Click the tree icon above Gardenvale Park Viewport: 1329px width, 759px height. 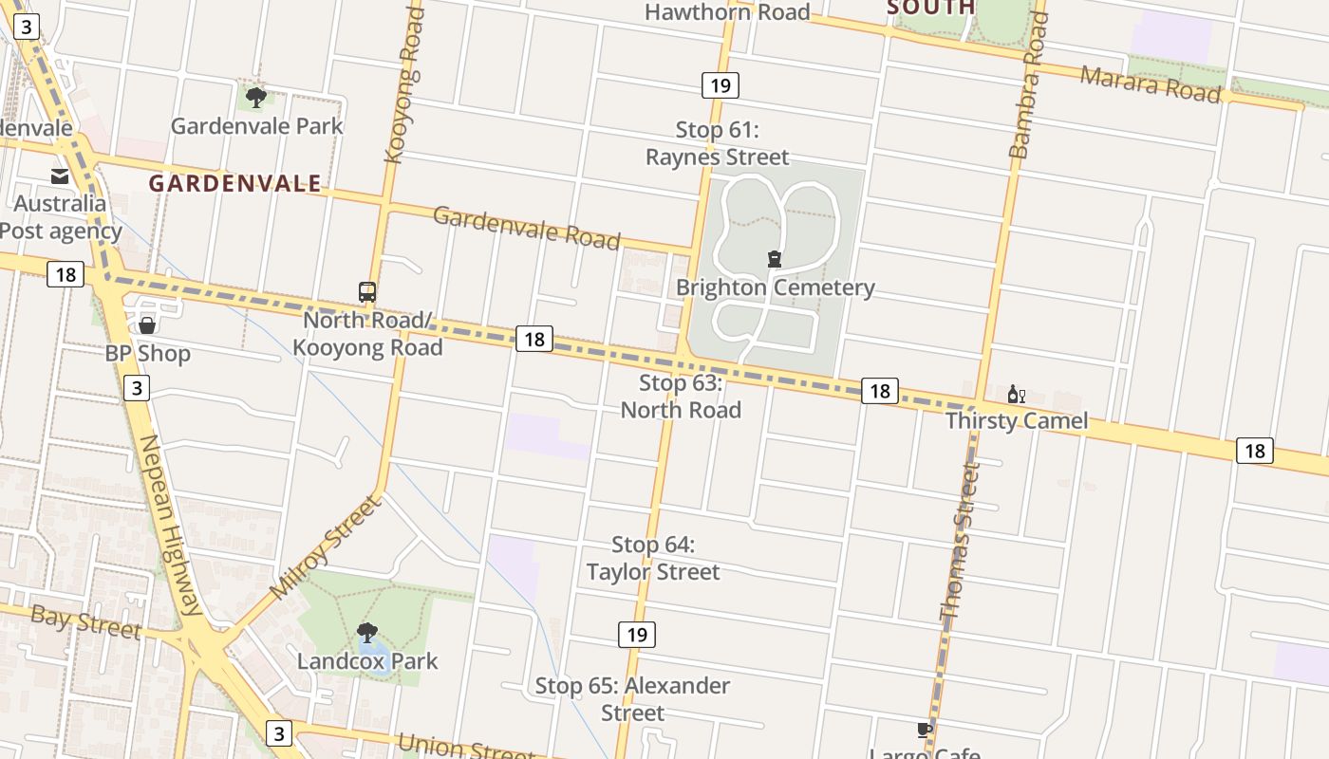click(255, 96)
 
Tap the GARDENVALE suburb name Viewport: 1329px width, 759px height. click(234, 183)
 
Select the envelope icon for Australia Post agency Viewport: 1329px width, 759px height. click(60, 176)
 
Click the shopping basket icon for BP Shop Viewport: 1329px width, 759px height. click(147, 326)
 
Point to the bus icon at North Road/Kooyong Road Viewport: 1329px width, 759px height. click(367, 291)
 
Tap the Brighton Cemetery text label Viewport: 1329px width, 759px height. click(775, 287)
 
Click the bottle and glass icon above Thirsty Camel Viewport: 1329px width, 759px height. click(1016, 395)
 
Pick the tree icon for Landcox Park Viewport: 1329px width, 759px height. click(367, 633)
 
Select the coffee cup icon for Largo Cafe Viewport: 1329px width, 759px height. click(925, 730)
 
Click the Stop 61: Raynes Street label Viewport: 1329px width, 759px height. click(718, 143)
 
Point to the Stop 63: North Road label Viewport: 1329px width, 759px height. click(681, 397)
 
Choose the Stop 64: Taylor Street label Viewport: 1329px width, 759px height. click(653, 558)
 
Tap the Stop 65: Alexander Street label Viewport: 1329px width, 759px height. click(632, 698)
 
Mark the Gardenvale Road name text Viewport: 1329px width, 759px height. click(527, 228)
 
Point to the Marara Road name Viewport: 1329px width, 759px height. click(1151, 83)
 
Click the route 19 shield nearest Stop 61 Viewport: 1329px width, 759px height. click(721, 85)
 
